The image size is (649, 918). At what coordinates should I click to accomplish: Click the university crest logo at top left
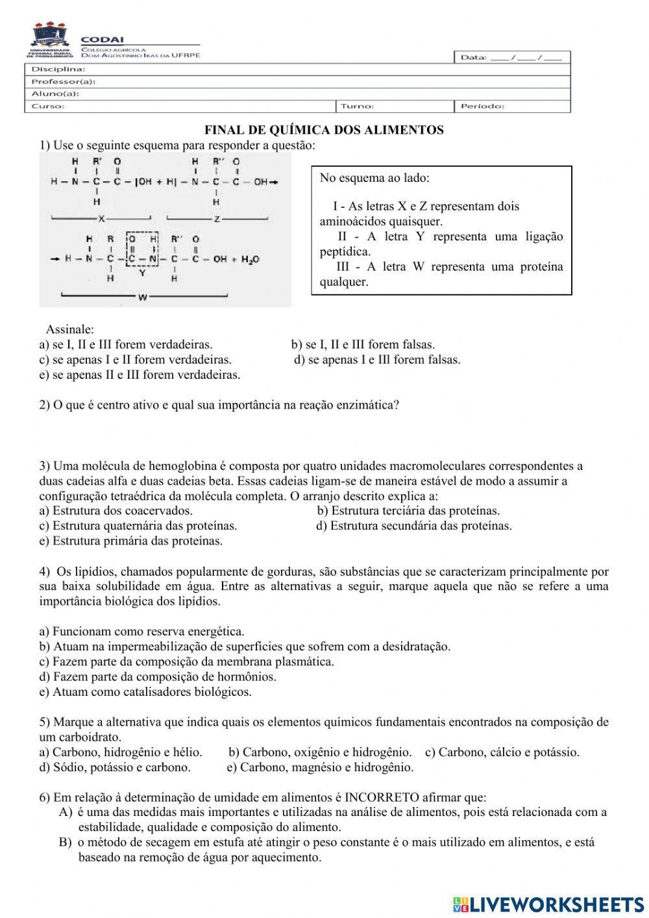tap(50, 41)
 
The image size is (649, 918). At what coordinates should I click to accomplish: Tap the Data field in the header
tap(511, 58)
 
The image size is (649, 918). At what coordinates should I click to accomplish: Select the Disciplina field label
tap(58, 69)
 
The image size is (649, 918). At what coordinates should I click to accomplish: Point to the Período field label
tap(482, 106)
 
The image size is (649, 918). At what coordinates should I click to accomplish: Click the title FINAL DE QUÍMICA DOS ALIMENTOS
tap(324, 130)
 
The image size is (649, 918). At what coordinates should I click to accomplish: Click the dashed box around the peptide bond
tap(143, 250)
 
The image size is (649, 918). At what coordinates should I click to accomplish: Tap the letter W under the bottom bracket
tap(142, 297)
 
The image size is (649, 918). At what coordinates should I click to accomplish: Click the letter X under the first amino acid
tap(101, 218)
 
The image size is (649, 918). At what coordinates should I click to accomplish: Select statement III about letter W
tap(441, 274)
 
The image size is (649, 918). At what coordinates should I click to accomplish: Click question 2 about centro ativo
tap(219, 405)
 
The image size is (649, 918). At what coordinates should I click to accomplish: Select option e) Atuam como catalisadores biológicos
tap(145, 692)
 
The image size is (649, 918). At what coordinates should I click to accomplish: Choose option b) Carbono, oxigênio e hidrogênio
tap(320, 752)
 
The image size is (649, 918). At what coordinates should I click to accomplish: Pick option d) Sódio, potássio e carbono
tap(115, 767)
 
